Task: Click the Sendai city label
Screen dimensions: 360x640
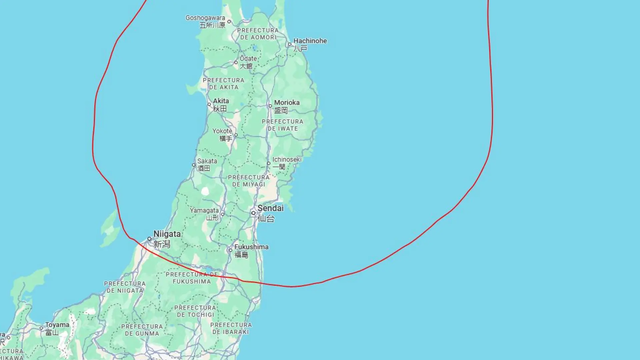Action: tap(270, 208)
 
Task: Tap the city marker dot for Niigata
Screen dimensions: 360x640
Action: tap(149, 239)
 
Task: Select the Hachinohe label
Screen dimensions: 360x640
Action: tap(310, 41)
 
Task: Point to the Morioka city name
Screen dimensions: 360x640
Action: tap(287, 103)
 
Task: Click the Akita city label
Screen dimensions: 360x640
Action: tap(221, 101)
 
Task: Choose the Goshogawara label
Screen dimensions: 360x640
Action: tap(205, 18)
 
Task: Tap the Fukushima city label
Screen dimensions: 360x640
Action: tap(251, 247)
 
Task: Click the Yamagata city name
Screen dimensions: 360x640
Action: tap(204, 211)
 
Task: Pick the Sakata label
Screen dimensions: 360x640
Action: tap(207, 161)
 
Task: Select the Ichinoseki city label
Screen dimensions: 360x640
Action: tap(287, 160)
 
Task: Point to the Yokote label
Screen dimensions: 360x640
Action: tap(222, 131)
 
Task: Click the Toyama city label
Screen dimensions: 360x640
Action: tap(57, 325)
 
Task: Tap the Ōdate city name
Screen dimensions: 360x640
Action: tap(248, 59)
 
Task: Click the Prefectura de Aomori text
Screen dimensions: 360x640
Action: tap(258, 34)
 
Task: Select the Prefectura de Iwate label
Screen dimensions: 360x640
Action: tap(283, 125)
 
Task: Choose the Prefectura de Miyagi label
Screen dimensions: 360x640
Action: tap(249, 181)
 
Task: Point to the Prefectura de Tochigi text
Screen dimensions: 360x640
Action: tap(195, 311)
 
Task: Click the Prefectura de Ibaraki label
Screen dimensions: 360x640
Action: tap(231, 328)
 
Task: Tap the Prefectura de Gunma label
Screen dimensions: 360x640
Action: tap(142, 330)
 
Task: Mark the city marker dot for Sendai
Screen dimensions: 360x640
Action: tap(253, 213)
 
